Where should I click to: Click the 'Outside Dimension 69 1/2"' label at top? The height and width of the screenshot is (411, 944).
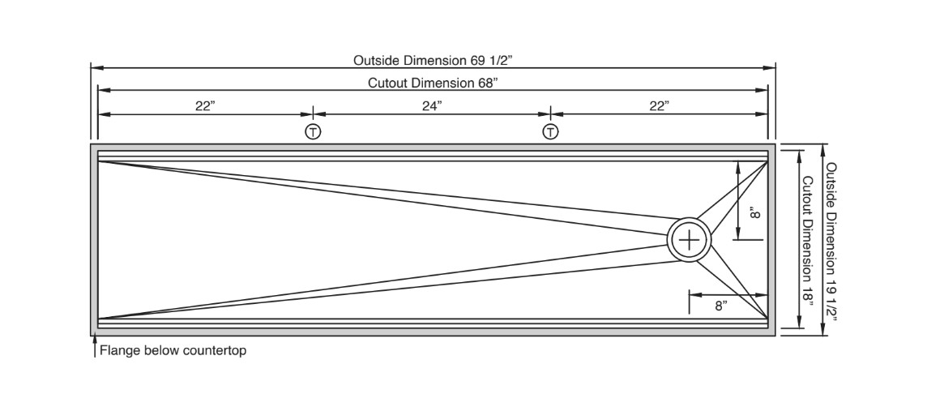click(433, 60)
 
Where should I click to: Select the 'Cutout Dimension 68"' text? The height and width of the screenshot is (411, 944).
click(433, 83)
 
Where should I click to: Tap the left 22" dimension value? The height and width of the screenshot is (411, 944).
click(205, 105)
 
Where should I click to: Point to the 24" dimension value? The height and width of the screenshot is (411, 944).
click(432, 105)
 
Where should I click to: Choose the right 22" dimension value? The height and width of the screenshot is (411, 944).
click(660, 105)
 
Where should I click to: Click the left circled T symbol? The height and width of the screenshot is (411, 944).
click(313, 131)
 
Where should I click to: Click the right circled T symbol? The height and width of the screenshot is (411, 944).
click(551, 131)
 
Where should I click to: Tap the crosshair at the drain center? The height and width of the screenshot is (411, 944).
click(690, 240)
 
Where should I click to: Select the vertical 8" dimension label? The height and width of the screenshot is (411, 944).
click(755, 212)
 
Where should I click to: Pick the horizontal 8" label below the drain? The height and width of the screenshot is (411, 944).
click(720, 306)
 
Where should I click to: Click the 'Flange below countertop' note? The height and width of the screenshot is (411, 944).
click(173, 351)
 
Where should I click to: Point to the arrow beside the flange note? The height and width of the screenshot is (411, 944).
click(94, 348)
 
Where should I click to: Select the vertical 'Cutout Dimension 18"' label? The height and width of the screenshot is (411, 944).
click(806, 239)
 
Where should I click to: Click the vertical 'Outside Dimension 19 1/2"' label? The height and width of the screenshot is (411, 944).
click(832, 241)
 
